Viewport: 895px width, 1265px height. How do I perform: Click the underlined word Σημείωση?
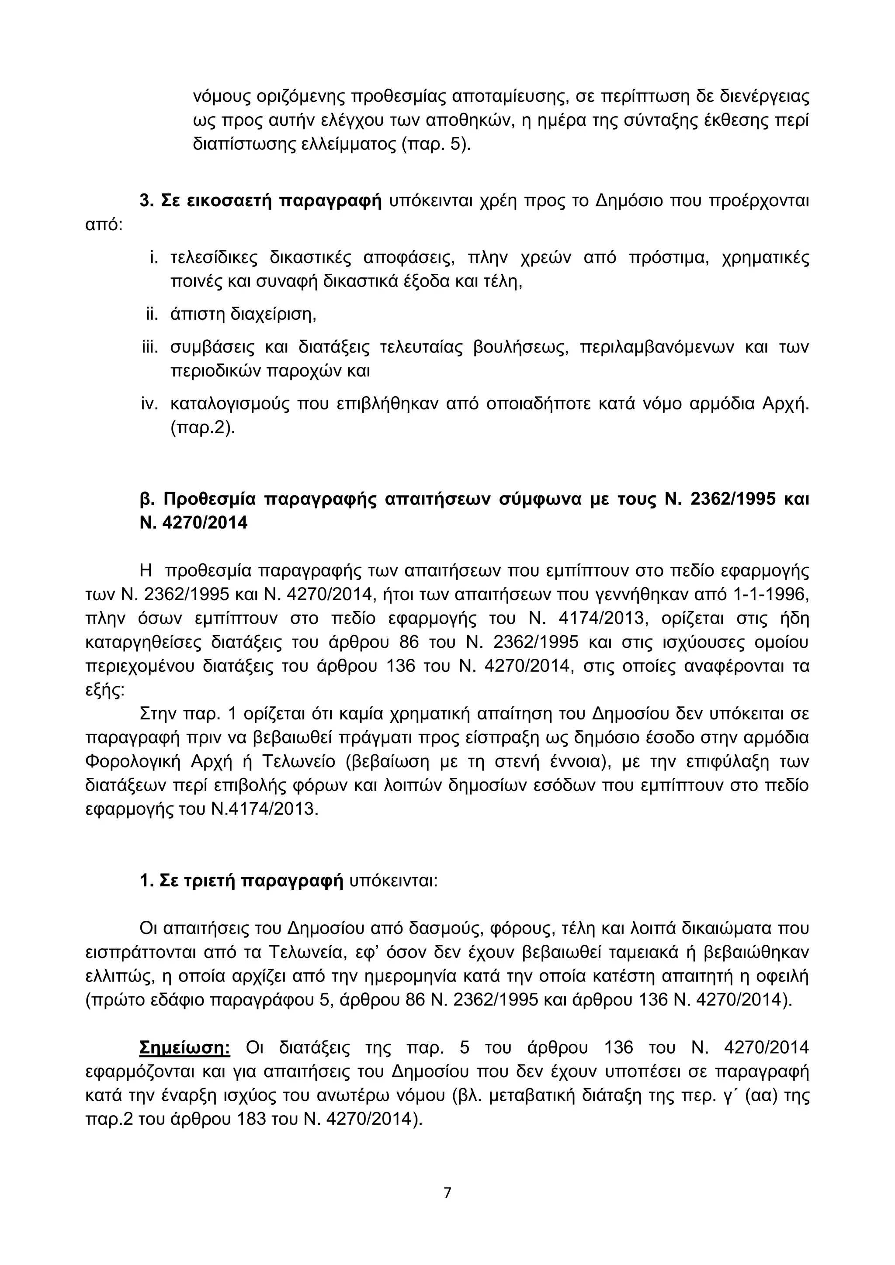click(185, 1047)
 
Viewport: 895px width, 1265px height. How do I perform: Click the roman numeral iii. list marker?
click(150, 348)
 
